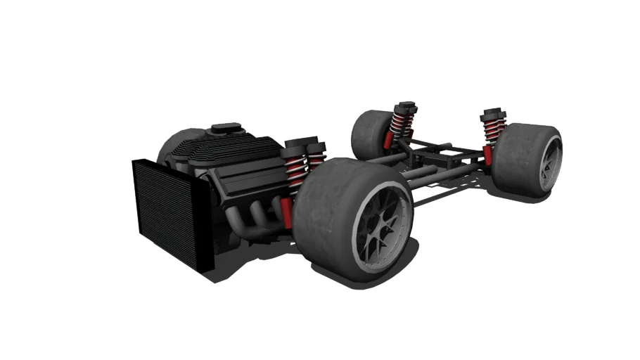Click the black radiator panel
tap(169, 211)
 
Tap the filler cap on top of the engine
tap(226, 129)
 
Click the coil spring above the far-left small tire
tap(402, 124)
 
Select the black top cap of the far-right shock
tap(493, 112)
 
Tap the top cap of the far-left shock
tap(405, 106)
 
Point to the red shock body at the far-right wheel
tap(488, 154)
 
